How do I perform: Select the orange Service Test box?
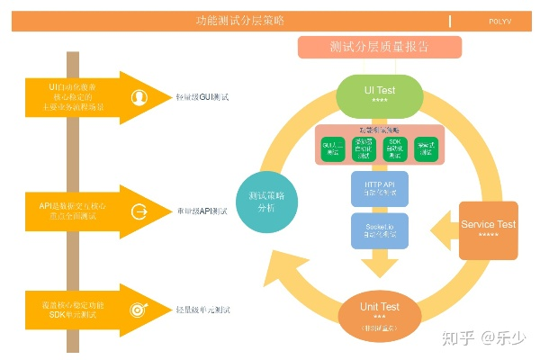click(488, 229)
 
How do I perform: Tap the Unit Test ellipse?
click(379, 313)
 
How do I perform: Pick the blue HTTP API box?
click(379, 189)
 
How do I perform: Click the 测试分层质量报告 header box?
click(379, 48)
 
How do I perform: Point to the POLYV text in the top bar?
click(501, 20)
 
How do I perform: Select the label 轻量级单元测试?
click(202, 310)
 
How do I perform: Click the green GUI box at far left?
click(333, 149)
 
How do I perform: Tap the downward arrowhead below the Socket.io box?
click(379, 268)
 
